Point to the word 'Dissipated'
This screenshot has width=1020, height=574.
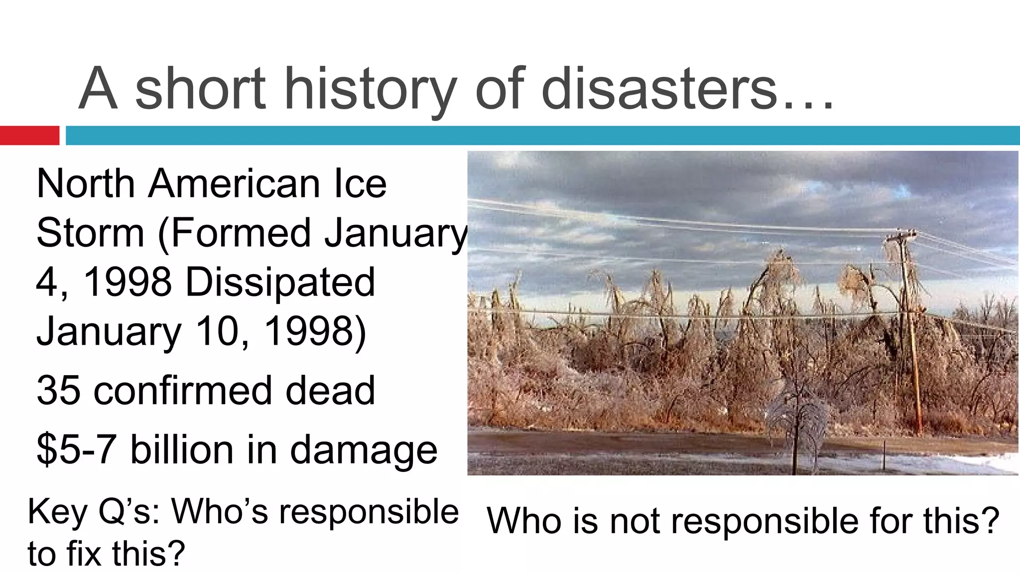click(x=280, y=282)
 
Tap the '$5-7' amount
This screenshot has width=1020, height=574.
click(x=76, y=450)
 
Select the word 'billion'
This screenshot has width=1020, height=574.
click(x=182, y=450)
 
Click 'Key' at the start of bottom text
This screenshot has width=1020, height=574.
click(x=58, y=512)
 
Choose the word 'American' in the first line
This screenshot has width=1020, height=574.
click(x=234, y=183)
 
